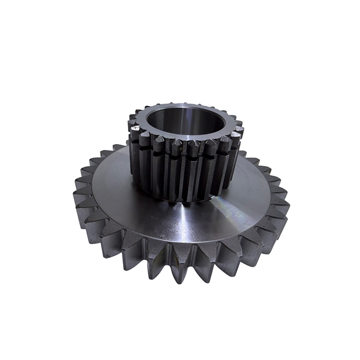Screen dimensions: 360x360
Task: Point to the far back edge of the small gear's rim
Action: click(x=185, y=106)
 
